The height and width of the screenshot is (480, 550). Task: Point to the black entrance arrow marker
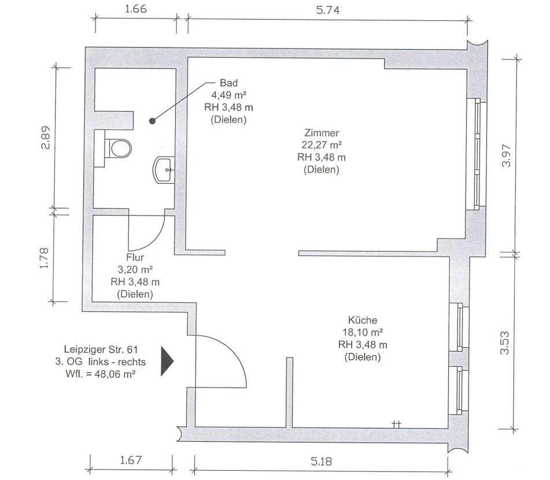click(167, 361)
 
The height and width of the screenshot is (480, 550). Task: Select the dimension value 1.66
click(135, 9)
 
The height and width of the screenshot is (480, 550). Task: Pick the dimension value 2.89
click(45, 137)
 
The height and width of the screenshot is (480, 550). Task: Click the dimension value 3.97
click(507, 155)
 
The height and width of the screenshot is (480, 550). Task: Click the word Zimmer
click(320, 133)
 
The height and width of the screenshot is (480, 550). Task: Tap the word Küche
click(363, 320)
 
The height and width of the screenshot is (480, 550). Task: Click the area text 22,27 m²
click(322, 145)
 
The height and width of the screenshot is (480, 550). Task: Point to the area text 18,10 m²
click(363, 332)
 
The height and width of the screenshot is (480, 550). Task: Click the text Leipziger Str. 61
click(101, 350)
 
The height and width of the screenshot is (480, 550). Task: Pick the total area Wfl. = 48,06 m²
click(103, 374)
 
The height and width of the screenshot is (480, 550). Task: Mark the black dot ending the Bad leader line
click(152, 121)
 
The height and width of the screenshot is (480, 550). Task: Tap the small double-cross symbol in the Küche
click(397, 424)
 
